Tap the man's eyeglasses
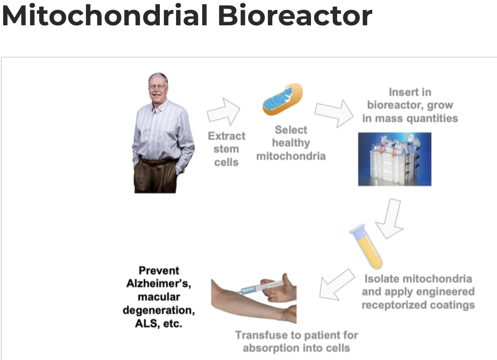pyautogui.click(x=157, y=86)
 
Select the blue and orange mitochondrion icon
pyautogui.click(x=283, y=99)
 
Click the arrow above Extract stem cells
pyautogui.click(x=224, y=112)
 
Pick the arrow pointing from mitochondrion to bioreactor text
pyautogui.click(x=334, y=113)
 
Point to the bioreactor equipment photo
pyautogui.click(x=395, y=159)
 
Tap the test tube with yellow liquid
pyautogui.click(x=366, y=246)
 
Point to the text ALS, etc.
pyautogui.click(x=159, y=323)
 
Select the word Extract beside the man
pyautogui.click(x=227, y=136)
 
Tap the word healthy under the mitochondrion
pyautogui.click(x=291, y=143)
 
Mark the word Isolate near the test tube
pyautogui.click(x=382, y=279)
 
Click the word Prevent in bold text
pyautogui.click(x=159, y=271)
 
